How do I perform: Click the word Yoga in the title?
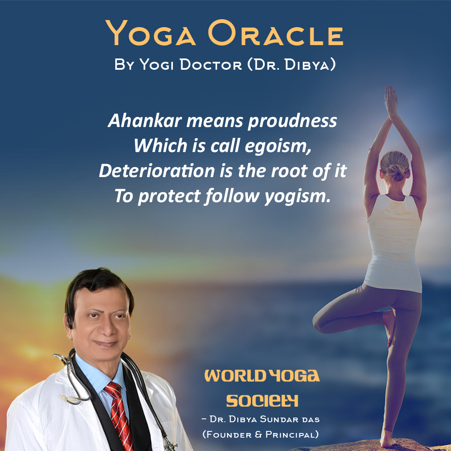point(150,33)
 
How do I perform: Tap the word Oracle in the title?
point(276,33)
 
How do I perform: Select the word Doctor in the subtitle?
point(211,65)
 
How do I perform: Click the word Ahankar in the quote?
point(144,120)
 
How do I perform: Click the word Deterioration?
point(157,171)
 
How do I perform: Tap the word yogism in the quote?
point(297,197)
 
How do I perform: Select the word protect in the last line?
point(169,197)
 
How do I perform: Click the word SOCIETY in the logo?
point(262,400)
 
